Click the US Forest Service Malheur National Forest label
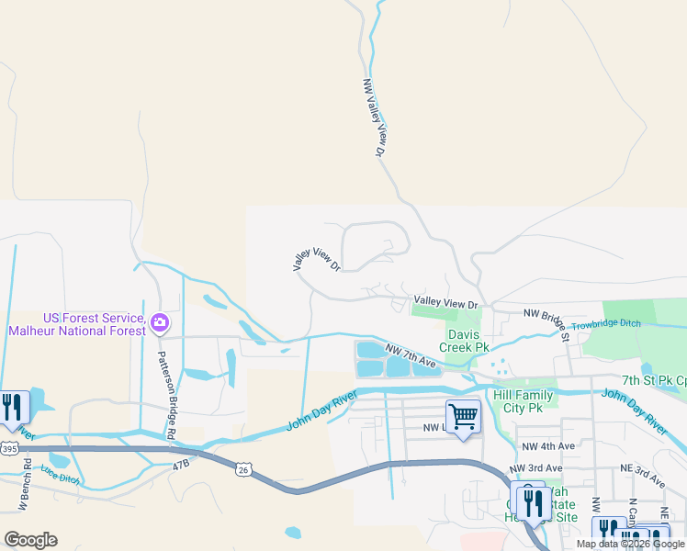point(76,323)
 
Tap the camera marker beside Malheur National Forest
point(161,322)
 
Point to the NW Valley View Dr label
point(373,118)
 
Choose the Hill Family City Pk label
point(523,401)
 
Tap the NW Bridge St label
point(547,321)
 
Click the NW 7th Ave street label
point(411,356)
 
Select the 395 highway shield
point(9,448)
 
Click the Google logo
point(30,540)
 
